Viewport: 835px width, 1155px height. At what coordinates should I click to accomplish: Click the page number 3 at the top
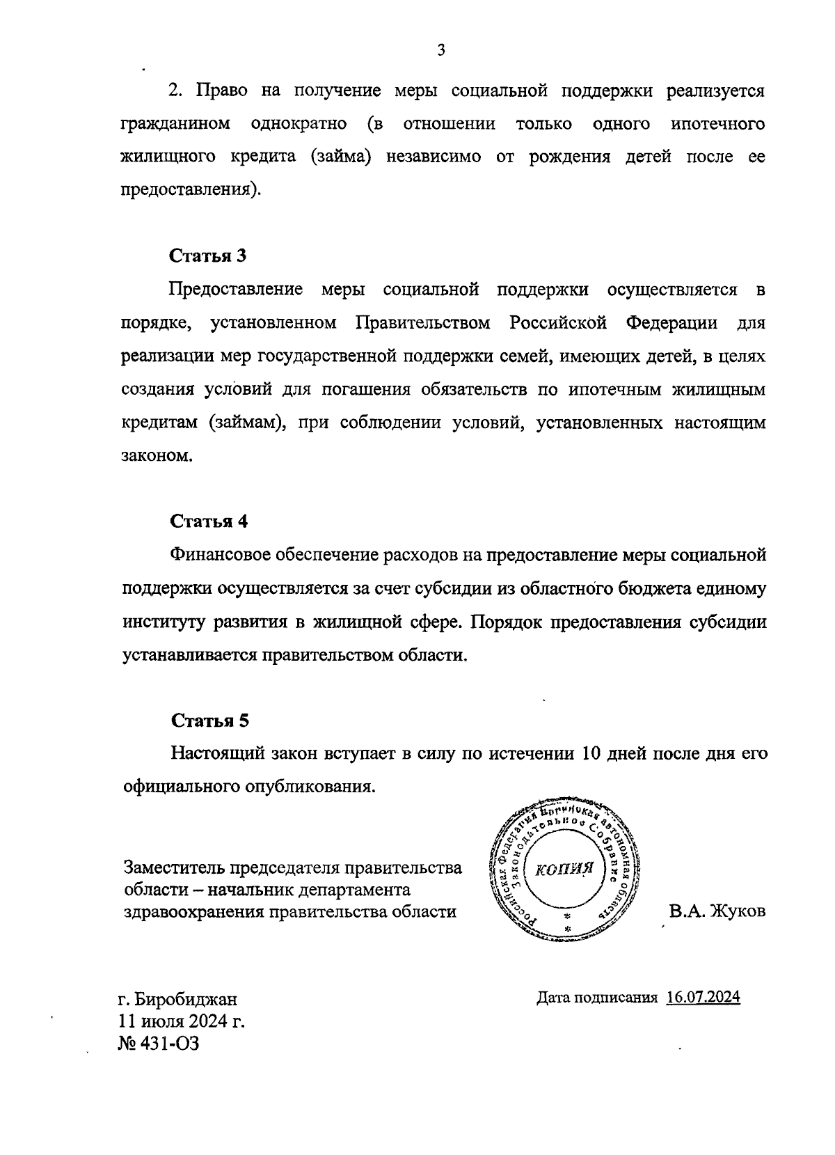440,49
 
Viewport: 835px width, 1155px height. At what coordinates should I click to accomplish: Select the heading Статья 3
208,256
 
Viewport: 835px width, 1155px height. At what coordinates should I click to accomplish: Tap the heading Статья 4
209,521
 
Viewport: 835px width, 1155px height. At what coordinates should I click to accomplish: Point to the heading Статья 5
210,721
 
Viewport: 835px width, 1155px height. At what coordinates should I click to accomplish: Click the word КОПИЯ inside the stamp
566,870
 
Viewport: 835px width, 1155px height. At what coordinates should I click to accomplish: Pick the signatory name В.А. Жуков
717,911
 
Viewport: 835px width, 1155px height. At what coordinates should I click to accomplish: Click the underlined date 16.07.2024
703,997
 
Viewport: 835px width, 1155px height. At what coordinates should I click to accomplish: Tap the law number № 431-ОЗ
159,1043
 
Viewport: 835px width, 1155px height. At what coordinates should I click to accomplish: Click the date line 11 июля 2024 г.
181,1021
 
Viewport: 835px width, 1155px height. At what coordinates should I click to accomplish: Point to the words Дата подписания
597,997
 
